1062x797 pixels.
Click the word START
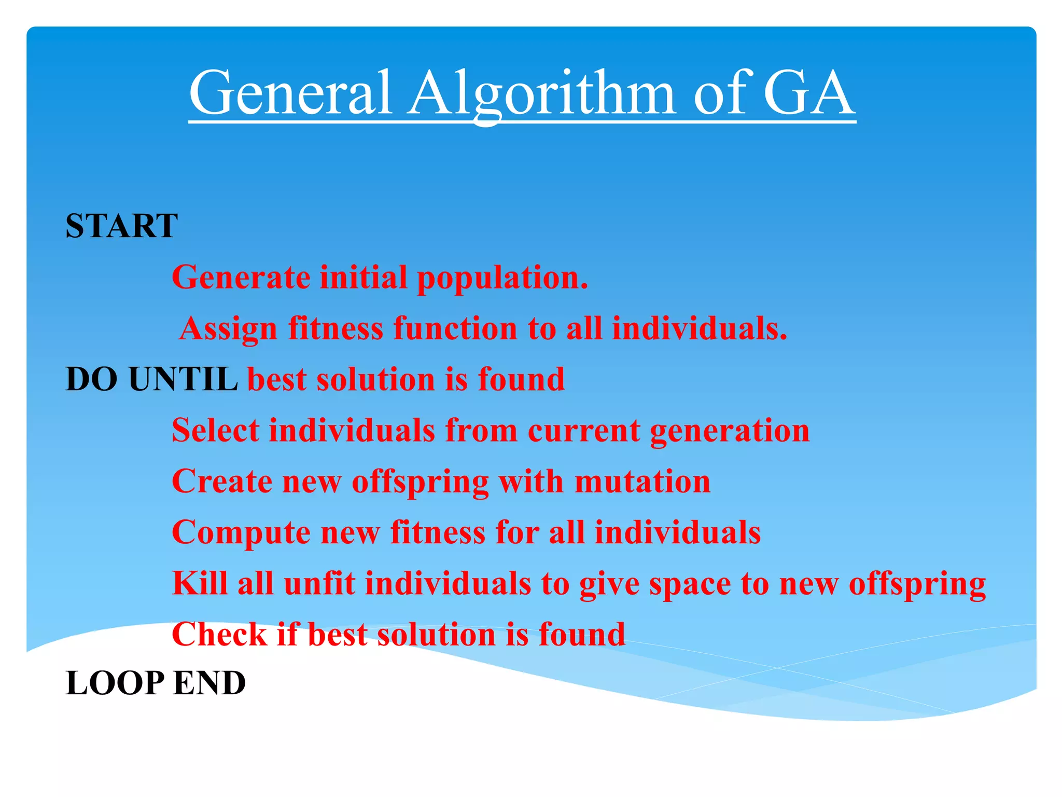tap(121, 226)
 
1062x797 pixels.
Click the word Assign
tap(229, 329)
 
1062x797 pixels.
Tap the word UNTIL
tap(183, 379)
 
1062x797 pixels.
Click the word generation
tap(729, 431)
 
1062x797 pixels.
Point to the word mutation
tap(642, 482)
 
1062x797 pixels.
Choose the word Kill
tap(200, 583)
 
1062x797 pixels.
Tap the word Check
tap(219, 634)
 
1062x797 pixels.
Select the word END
tap(209, 683)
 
